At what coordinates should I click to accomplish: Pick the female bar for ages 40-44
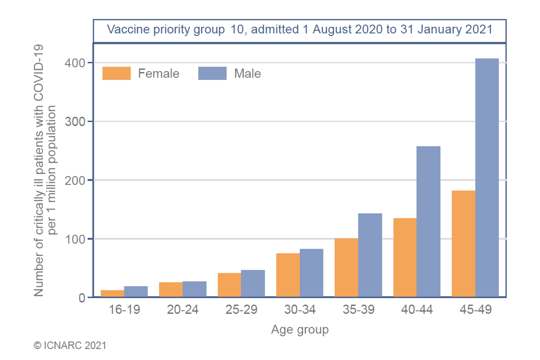coord(405,257)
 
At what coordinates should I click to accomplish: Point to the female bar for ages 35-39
coord(346,267)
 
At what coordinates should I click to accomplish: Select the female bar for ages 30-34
coord(288,275)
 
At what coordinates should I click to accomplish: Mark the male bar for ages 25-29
coord(253,283)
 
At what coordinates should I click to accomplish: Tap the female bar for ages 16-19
coord(112,294)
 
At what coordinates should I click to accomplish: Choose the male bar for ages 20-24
coord(195,289)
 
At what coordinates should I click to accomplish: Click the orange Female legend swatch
coord(116,74)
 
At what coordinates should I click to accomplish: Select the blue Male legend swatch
coord(213,74)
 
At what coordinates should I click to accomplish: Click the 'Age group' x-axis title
coord(300,330)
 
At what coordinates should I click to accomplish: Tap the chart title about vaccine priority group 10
coord(300,29)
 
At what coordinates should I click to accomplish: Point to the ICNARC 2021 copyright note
coord(70,345)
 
